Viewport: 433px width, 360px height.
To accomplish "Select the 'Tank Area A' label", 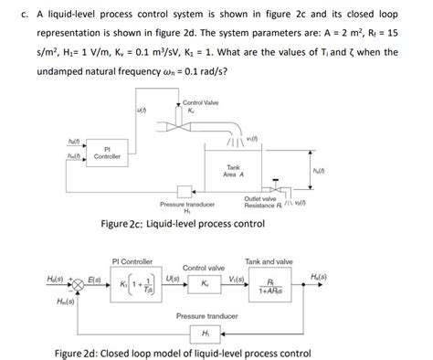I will [233, 171].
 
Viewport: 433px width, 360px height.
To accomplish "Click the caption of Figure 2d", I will [216, 351].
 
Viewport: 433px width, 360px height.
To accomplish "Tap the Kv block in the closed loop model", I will [205, 283].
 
